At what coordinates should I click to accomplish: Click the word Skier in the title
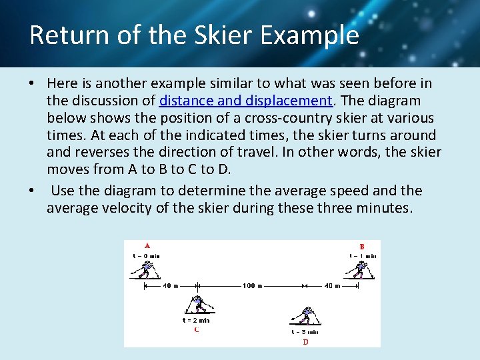tap(209, 35)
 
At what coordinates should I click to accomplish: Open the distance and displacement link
tap(245, 101)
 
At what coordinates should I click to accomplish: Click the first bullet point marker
tap(32, 84)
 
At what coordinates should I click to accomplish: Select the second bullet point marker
tap(32, 191)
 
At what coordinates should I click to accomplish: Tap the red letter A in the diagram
tap(147, 245)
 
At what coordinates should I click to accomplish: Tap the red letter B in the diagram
tap(362, 245)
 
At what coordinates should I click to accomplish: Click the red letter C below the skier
tap(196, 329)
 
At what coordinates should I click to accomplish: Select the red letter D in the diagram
tap(305, 341)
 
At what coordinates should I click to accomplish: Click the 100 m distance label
tap(252, 285)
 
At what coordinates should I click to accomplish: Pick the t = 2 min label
tap(196, 321)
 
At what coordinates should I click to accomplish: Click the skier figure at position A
tap(143, 269)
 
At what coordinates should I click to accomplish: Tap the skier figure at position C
tap(198, 305)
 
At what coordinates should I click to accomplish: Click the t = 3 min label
tap(305, 331)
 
